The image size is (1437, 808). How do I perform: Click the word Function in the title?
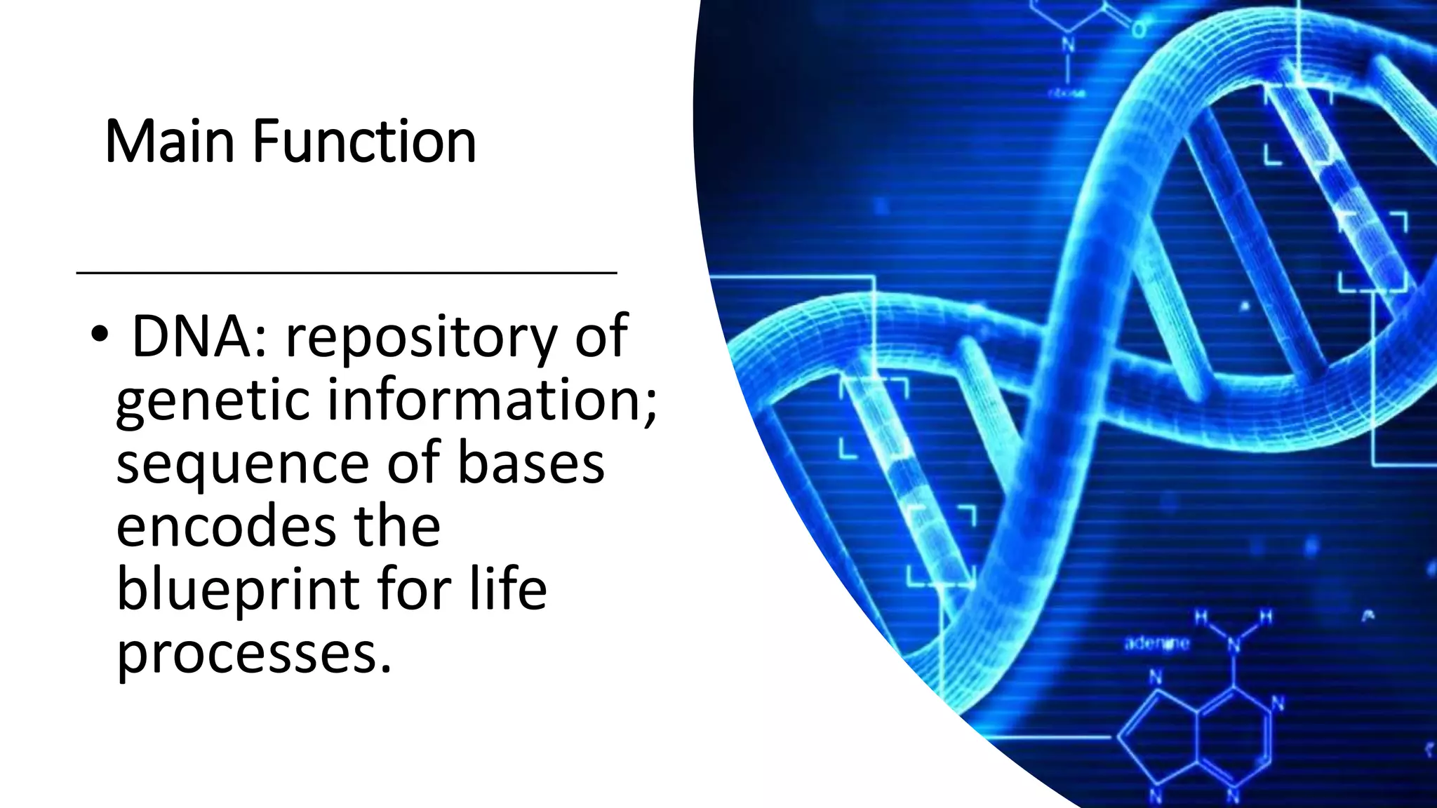364,142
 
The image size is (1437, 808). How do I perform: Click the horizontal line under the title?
346,272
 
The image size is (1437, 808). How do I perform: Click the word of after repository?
601,337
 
